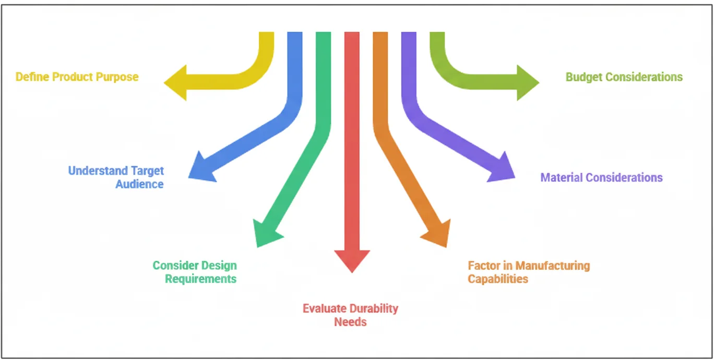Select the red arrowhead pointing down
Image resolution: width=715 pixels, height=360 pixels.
click(x=352, y=260)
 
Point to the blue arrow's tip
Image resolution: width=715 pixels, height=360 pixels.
click(x=199, y=170)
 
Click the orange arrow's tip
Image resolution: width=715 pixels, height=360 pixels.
click(x=438, y=234)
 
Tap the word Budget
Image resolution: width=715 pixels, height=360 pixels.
click(x=583, y=77)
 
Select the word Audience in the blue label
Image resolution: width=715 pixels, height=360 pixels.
click(x=139, y=184)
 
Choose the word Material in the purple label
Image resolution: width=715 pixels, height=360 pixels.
click(x=562, y=177)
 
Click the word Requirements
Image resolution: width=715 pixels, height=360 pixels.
click(x=201, y=279)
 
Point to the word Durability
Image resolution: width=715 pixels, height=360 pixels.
click(x=374, y=308)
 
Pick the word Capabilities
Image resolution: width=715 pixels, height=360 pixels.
click(x=498, y=279)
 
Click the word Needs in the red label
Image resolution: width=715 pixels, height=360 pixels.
click(x=350, y=321)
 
